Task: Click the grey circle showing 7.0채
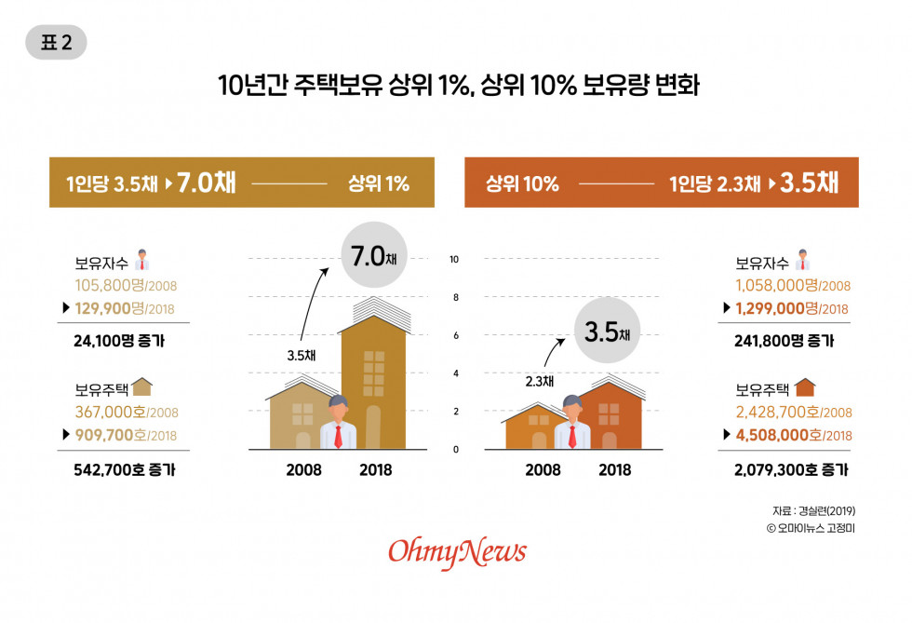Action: click(x=372, y=254)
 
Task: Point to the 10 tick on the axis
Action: click(x=454, y=259)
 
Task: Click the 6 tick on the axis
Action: click(x=454, y=335)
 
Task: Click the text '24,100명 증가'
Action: click(x=124, y=341)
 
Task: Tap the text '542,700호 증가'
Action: click(x=124, y=469)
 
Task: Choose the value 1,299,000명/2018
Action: click(x=791, y=308)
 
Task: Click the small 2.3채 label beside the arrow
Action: click(x=540, y=380)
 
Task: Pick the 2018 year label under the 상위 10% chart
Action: click(x=615, y=470)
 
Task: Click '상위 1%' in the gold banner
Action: click(x=378, y=183)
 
